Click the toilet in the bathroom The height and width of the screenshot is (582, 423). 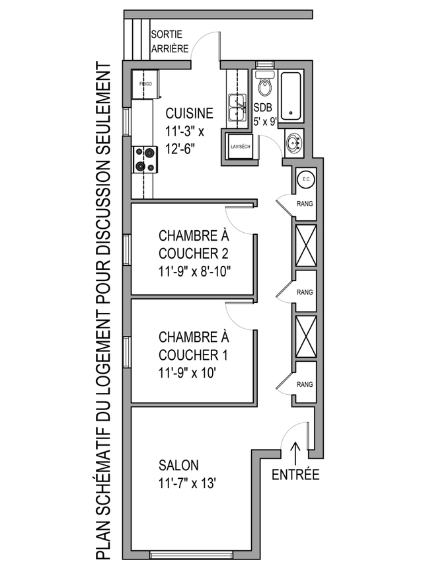264,84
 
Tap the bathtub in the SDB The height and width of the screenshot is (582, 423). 291,96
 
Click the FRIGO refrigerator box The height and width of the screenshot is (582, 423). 146,84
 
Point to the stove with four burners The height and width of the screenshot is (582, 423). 145,159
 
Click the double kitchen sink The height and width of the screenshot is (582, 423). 237,107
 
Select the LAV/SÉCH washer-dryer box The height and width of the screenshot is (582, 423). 241,147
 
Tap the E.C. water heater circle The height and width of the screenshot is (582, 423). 307,180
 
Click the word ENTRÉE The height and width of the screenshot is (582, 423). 295,475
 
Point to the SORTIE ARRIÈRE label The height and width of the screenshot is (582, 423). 170,41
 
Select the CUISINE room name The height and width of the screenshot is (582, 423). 189,113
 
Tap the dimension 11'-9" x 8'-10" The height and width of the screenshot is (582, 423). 195,272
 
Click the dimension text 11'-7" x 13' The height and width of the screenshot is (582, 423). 188,483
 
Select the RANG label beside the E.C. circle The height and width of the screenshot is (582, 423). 305,204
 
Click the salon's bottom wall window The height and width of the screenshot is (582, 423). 191,556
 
